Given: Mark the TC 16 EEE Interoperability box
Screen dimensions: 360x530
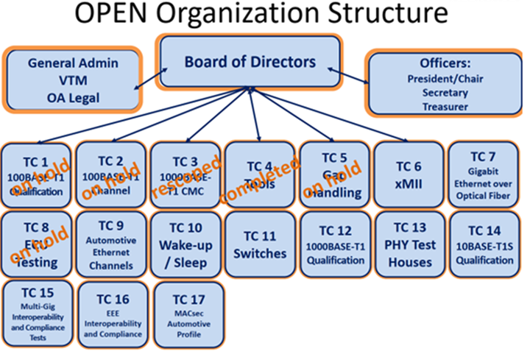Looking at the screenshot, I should click(112, 311).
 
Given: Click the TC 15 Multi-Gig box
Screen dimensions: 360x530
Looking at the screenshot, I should click(37, 311).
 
